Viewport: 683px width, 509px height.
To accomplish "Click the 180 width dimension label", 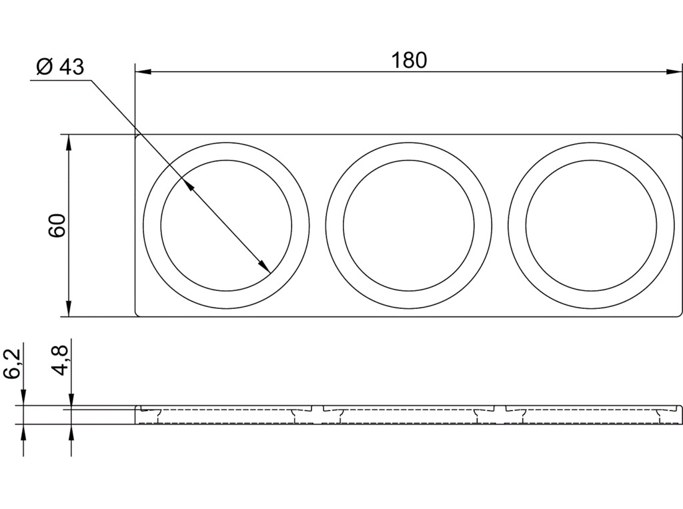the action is [x=409, y=60].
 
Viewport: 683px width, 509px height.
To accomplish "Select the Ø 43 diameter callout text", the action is [x=60, y=67].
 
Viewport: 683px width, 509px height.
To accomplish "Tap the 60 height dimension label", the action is [x=57, y=225].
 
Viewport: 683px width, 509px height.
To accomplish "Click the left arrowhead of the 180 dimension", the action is [x=143, y=71].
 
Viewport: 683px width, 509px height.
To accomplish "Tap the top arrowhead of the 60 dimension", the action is [x=68, y=143].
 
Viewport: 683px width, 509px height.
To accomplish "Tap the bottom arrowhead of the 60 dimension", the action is [x=68, y=308].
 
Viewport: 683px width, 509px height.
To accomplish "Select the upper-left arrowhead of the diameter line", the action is [x=187, y=185].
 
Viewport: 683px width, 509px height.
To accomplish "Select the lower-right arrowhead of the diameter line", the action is [x=263, y=266].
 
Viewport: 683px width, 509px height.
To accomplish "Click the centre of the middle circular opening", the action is [x=409, y=225].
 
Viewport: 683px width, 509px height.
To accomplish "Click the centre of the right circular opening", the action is [x=591, y=225].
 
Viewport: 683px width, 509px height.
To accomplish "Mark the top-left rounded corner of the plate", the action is [x=137, y=136].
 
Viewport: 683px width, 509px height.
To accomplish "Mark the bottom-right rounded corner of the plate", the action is [x=680, y=314].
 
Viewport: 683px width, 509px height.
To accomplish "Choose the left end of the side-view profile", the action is [x=135, y=414].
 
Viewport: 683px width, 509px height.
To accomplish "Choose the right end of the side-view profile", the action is [x=681, y=414].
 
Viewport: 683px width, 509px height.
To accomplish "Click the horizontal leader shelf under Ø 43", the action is [x=61, y=80].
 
